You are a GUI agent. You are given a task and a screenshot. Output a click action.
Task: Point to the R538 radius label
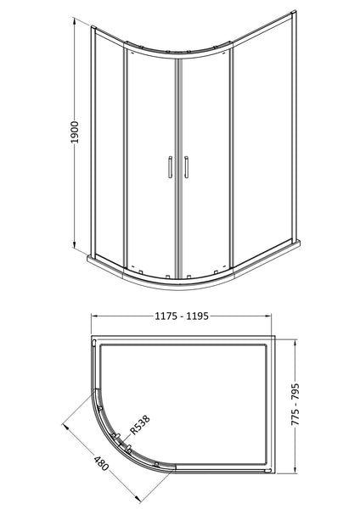pos(143,429)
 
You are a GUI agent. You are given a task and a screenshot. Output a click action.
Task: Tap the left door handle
pos(170,168)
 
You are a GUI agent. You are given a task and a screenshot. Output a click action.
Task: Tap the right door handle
pos(182,168)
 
